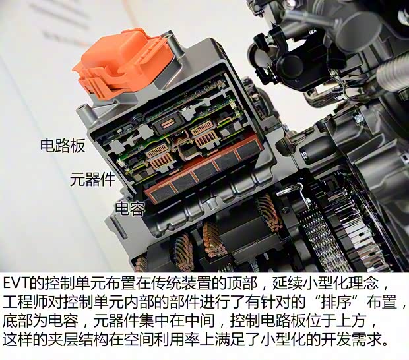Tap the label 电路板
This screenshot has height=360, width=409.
coord(63,146)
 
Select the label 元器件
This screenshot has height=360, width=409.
coord(92,179)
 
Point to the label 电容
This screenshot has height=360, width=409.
coord(130,208)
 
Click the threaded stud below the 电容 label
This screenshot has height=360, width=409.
coord(119,227)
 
